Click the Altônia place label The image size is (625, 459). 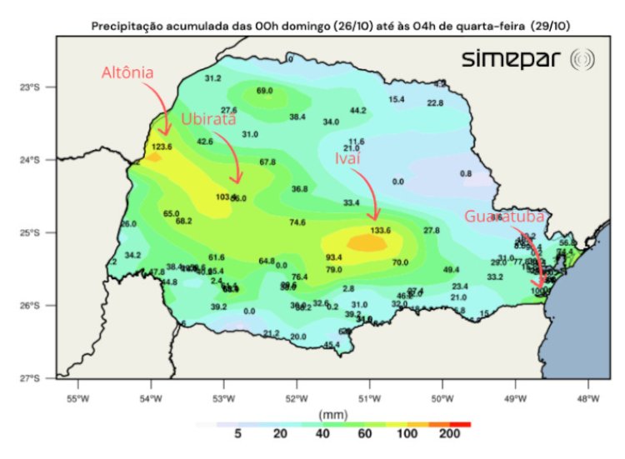[127, 72]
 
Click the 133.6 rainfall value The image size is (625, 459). [381, 231]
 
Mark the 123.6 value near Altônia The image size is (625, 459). [162, 147]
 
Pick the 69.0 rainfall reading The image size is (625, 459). [265, 91]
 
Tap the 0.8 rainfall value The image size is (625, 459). [466, 174]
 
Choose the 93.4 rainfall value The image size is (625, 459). [334, 257]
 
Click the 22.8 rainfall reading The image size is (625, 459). [435, 103]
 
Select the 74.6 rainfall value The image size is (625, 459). [297, 222]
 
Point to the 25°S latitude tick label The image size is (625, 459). [32, 232]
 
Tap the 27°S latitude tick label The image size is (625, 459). [32, 378]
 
